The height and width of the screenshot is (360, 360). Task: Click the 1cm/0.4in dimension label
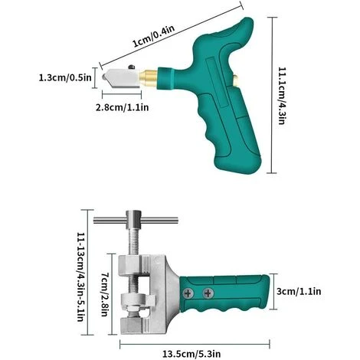[154, 36]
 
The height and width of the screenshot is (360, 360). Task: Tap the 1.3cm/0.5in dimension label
[65, 77]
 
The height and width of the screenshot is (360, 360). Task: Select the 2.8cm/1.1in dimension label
[122, 107]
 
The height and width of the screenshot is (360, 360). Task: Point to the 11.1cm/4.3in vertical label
[281, 96]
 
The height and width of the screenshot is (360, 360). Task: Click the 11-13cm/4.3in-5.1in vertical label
[80, 277]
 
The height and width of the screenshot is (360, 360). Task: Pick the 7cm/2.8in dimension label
[105, 294]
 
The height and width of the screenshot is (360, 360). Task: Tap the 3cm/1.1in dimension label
[299, 291]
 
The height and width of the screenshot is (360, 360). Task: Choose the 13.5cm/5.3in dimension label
[191, 354]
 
